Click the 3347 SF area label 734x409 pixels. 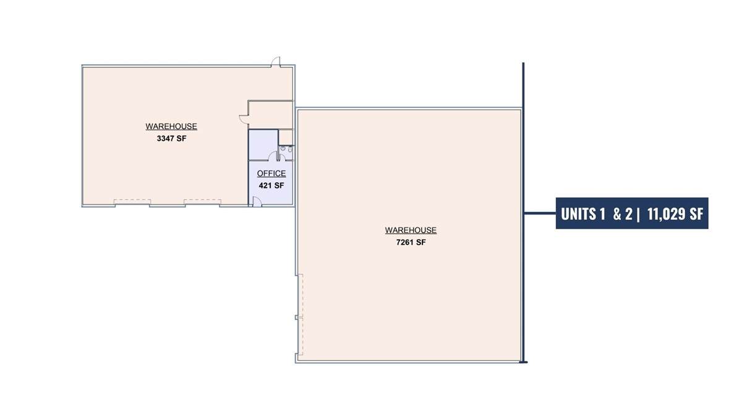(x=171, y=138)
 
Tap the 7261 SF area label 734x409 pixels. (x=411, y=242)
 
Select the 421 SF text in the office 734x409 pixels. (x=271, y=185)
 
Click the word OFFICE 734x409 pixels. (x=271, y=173)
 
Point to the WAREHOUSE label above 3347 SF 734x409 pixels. (x=171, y=127)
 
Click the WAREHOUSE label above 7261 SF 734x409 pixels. (x=411, y=230)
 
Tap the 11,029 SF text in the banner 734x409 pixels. (x=675, y=214)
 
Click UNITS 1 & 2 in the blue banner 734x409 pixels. (x=596, y=214)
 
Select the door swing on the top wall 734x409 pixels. (x=276, y=61)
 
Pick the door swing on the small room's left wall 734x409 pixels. (x=244, y=119)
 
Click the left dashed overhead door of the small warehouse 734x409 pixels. (x=132, y=202)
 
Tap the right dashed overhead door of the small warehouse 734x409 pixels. (x=202, y=202)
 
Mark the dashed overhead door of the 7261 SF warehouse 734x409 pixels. (x=301, y=314)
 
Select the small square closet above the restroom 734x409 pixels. (x=286, y=137)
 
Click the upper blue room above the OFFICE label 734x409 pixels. (x=263, y=145)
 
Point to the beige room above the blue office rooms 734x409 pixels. (x=271, y=115)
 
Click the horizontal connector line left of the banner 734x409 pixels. (x=540, y=213)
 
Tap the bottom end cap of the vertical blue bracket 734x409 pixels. (x=523, y=361)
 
